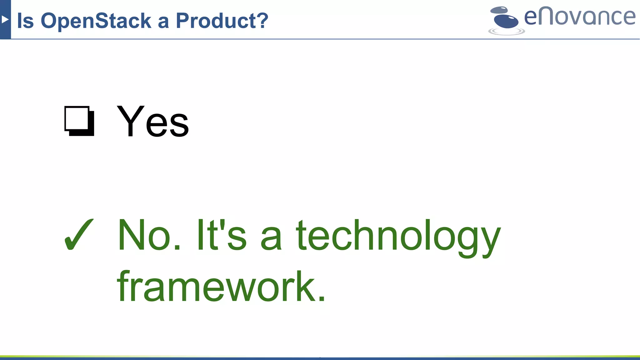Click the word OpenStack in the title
point(96,21)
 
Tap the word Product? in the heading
point(222,21)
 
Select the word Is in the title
point(25,21)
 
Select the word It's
point(222,235)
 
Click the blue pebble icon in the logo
point(506,21)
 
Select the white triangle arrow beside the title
point(5,19)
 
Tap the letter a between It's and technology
point(271,239)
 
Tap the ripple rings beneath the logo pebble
point(507,31)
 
